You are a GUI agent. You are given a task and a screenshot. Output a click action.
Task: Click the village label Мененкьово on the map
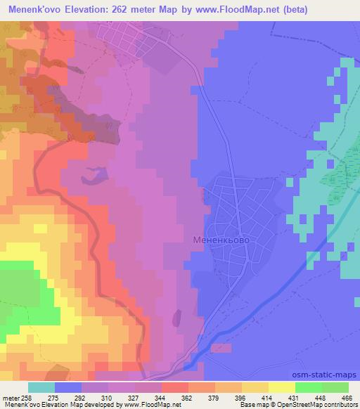219,240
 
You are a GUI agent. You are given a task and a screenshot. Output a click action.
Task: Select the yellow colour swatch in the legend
281,387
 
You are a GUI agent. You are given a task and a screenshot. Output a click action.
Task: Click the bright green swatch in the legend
308,387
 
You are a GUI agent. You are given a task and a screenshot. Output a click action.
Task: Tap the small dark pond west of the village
96,172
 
